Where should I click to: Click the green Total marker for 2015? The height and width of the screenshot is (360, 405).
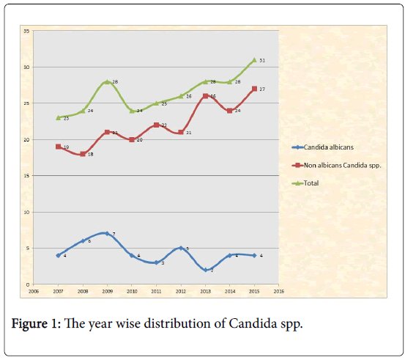coord(254,60)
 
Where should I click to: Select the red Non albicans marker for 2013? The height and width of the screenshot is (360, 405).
coord(205,96)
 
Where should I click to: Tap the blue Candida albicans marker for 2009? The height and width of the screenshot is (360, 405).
coord(107,234)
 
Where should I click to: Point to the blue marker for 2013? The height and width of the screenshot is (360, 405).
coord(205,270)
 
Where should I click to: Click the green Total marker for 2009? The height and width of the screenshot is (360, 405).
coord(107,82)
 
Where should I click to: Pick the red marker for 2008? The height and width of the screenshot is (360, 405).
coord(83,154)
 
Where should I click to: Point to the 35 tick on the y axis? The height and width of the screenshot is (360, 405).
coord(26,32)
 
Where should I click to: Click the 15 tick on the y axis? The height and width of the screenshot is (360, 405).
coord(26,176)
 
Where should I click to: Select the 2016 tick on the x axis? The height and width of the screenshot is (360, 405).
coord(278,291)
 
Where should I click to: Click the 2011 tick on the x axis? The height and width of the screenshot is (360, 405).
coord(156,291)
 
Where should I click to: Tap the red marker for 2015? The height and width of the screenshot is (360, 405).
coord(254,89)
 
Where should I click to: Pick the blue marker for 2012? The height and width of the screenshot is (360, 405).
coord(180,249)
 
